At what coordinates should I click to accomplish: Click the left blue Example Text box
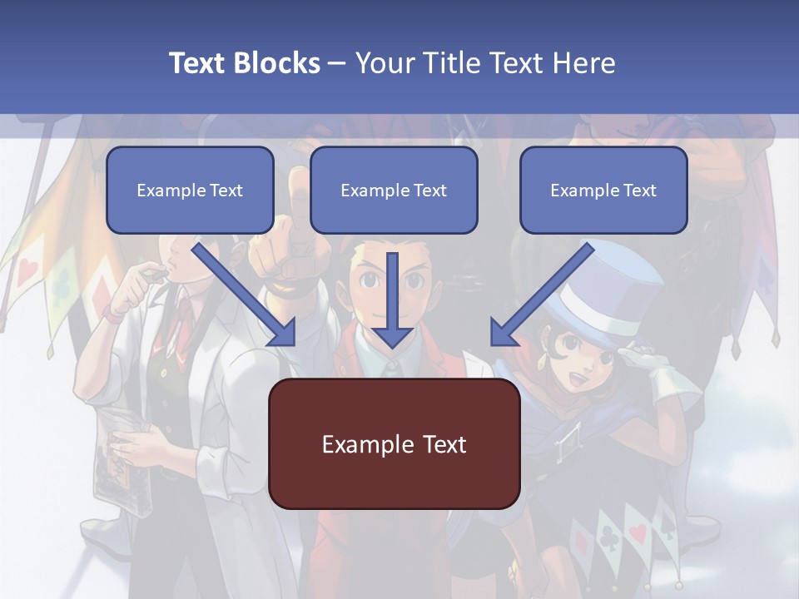[x=190, y=190]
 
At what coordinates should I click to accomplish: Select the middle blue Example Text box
[x=394, y=190]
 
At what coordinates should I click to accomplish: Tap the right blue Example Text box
[x=603, y=190]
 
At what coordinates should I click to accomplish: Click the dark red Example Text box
[x=394, y=443]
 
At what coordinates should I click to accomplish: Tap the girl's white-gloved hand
[x=658, y=374]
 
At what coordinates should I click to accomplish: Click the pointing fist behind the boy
[x=279, y=250]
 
